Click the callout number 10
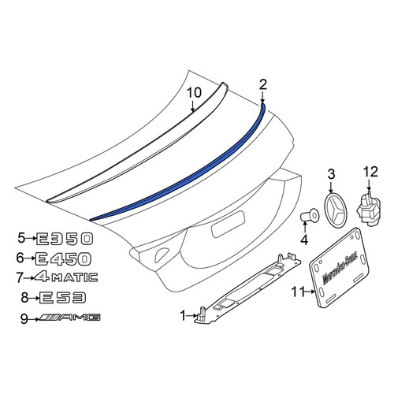click(194, 93)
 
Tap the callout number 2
click(262, 84)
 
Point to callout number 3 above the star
click(331, 174)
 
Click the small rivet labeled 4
click(309, 216)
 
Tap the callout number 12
click(370, 172)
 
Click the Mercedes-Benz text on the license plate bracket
click(338, 270)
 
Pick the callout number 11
click(298, 292)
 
